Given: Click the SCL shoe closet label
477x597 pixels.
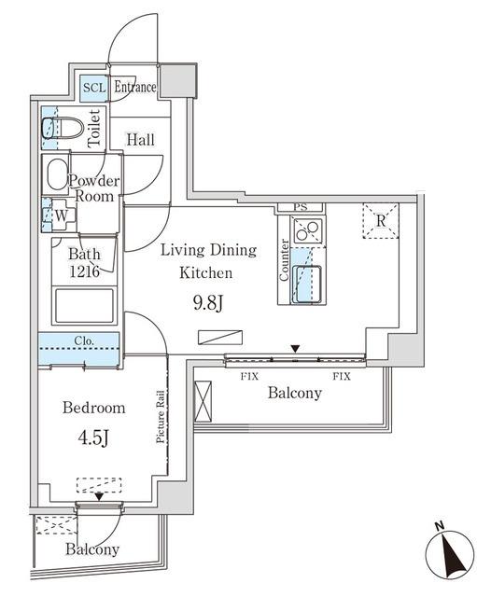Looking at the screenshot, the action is point(94,88).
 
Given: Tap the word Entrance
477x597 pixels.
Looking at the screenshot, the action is point(135,87).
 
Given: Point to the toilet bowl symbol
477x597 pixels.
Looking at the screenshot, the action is point(63,128).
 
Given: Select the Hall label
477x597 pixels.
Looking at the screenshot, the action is point(141,140).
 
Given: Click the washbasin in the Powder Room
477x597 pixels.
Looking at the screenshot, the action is point(57,174).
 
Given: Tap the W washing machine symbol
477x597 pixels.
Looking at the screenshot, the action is point(61,215).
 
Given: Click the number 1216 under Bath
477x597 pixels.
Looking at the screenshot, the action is point(84,271).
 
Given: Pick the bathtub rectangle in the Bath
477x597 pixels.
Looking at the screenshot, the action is point(85,306).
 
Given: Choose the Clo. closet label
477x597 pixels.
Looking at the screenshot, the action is point(84,340).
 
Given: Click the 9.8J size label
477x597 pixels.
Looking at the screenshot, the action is point(208,303).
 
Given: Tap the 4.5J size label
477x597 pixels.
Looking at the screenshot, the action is point(93,437).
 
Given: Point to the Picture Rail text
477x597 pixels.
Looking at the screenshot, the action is point(161,417).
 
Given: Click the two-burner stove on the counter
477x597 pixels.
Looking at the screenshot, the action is point(307,230).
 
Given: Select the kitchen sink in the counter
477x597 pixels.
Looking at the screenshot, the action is point(307,285).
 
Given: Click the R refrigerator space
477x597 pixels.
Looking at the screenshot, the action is point(381,221).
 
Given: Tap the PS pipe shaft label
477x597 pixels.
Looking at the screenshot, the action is point(301,207).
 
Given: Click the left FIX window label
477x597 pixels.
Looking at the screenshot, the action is point(249,377).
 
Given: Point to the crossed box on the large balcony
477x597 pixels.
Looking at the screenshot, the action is point(203,401).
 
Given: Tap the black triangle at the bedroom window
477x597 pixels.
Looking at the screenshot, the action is point(99,496).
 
